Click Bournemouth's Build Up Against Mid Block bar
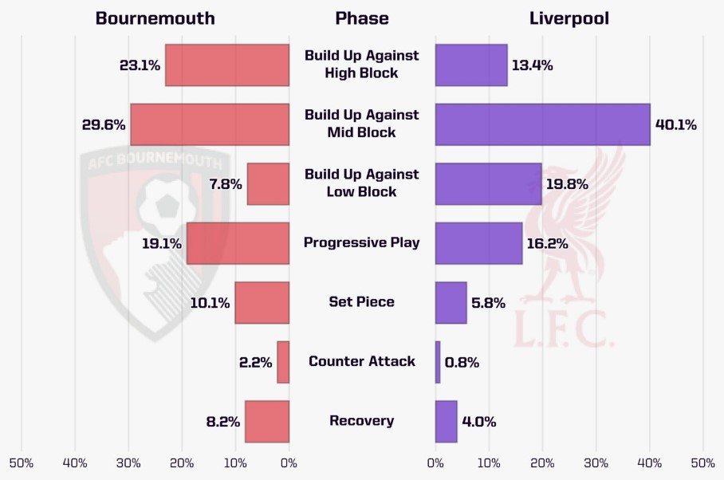point(210,124)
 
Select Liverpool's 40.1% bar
point(542,124)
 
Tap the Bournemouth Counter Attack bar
point(283,362)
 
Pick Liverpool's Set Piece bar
point(451,302)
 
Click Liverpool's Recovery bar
point(446,421)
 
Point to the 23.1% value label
point(140,65)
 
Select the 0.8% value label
point(462,362)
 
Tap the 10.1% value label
point(210,303)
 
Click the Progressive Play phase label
point(361,242)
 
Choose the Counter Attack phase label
point(361,361)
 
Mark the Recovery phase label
point(361,421)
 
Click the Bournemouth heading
point(155,18)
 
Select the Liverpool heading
point(569,18)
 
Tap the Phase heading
point(361,18)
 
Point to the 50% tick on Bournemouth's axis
point(21,463)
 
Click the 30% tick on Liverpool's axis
point(596,463)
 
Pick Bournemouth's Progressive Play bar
point(238,243)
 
